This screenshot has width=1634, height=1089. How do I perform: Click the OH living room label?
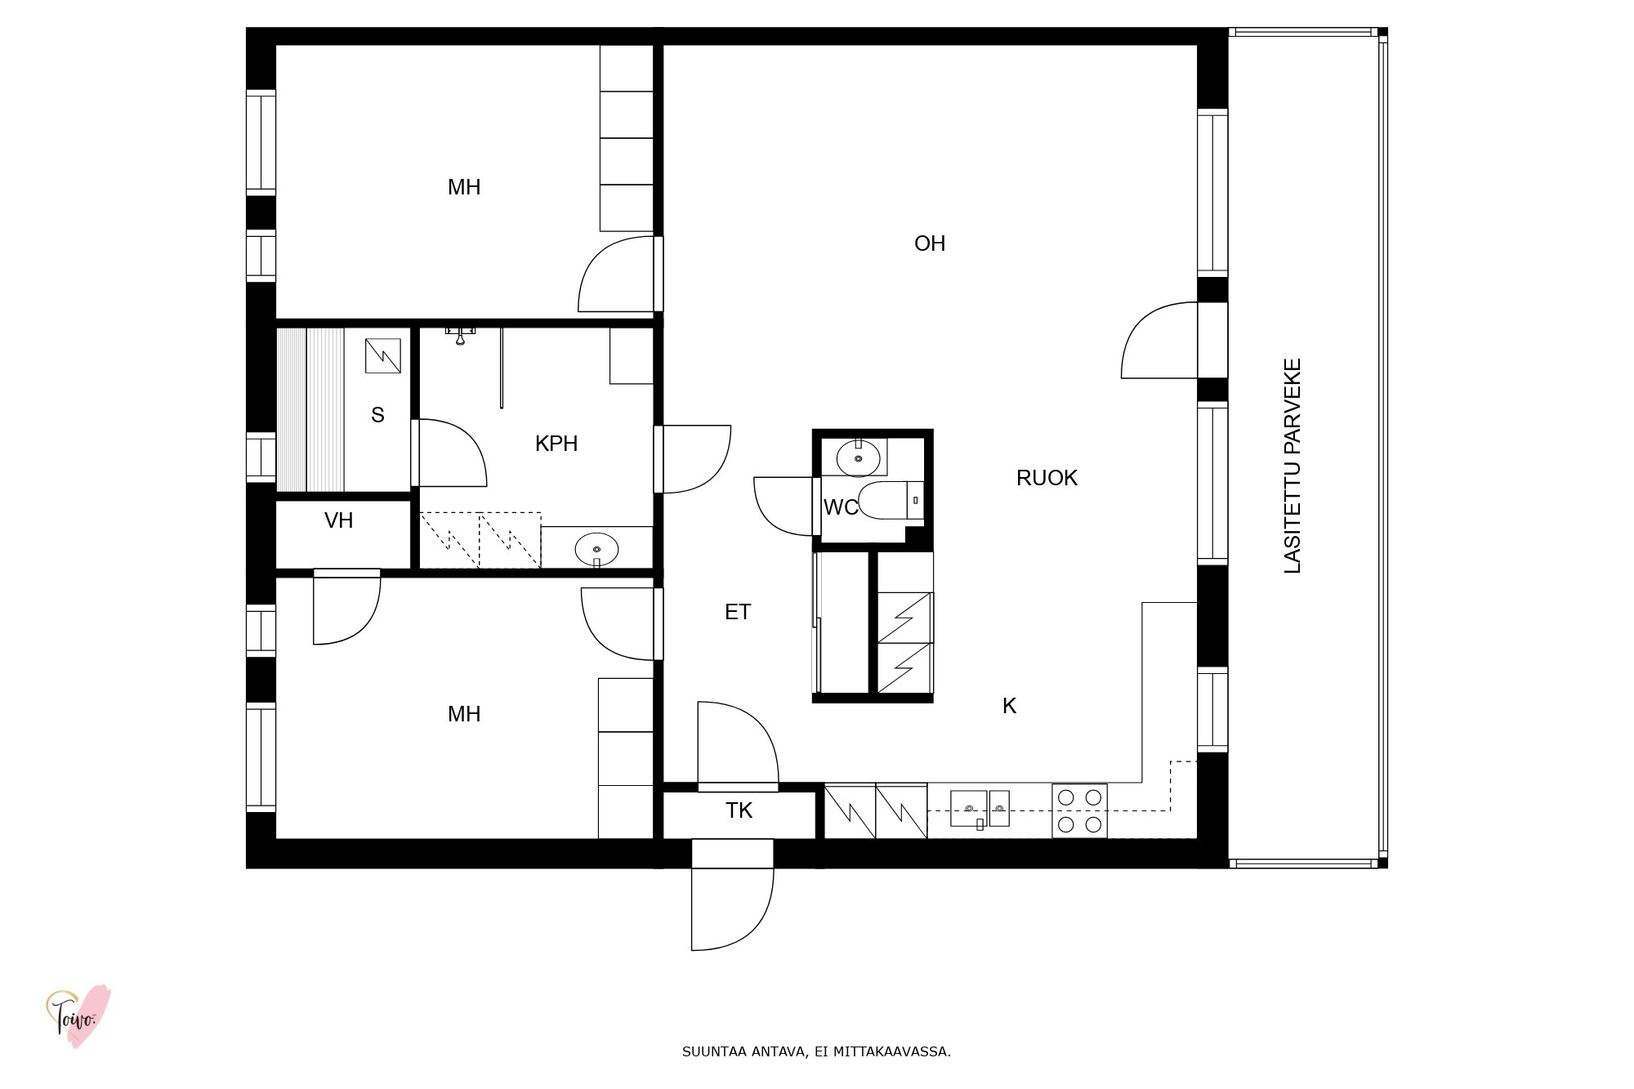pyautogui.click(x=930, y=243)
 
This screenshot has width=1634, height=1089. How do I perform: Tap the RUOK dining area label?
pyautogui.click(x=1047, y=478)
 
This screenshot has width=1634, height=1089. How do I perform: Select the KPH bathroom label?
pyautogui.click(x=556, y=444)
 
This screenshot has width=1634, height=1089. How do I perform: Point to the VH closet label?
pyautogui.click(x=339, y=520)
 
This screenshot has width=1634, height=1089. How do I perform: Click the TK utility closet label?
pyautogui.click(x=739, y=810)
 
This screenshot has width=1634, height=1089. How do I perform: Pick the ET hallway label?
pyautogui.click(x=738, y=612)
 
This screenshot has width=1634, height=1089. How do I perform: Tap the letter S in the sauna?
pyautogui.click(x=377, y=415)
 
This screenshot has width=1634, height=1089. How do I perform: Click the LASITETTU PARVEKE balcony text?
pyautogui.click(x=1292, y=466)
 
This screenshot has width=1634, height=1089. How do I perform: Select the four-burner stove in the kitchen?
pyautogui.click(x=1079, y=810)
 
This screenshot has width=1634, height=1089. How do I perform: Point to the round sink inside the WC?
pyautogui.click(x=858, y=457)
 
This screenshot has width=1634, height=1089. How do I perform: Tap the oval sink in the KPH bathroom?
pyautogui.click(x=596, y=550)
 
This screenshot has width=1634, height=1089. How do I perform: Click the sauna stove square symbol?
pyautogui.click(x=382, y=355)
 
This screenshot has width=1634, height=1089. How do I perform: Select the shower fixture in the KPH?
pyautogui.click(x=460, y=334)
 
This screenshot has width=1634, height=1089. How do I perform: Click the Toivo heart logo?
pyautogui.click(x=78, y=1016)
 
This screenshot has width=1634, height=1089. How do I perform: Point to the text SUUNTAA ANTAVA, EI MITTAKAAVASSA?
pyautogui.click(x=816, y=1051)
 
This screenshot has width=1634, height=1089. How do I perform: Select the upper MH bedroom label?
pyautogui.click(x=464, y=187)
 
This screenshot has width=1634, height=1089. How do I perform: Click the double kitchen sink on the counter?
pyautogui.click(x=980, y=809)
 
